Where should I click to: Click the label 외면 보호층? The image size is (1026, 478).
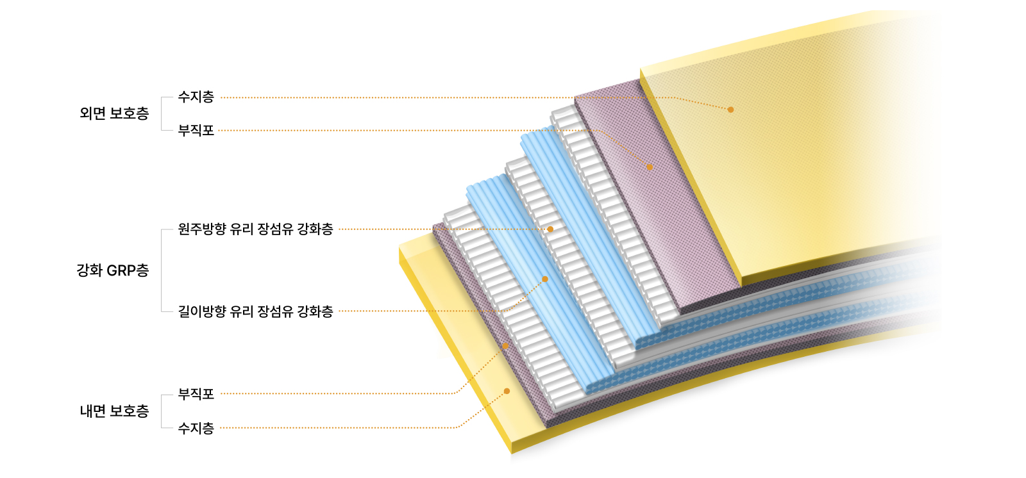tap(114, 113)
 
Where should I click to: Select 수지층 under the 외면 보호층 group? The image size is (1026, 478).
tap(196, 97)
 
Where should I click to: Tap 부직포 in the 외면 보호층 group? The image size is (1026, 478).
tap(196, 131)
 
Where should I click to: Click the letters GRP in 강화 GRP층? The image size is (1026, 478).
tap(121, 270)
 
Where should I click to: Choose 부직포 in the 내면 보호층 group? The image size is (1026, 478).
tap(196, 394)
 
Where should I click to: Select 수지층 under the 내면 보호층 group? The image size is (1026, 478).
tap(196, 428)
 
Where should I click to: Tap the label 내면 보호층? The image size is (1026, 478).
tap(114, 411)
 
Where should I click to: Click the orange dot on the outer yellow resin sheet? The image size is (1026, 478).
tap(730, 110)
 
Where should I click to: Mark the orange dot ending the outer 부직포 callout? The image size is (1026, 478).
tap(650, 167)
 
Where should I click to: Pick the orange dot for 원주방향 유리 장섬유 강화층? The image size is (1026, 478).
tap(551, 229)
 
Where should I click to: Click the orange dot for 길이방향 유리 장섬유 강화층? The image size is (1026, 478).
tap(545, 279)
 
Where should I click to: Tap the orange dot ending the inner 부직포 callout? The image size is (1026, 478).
tap(505, 345)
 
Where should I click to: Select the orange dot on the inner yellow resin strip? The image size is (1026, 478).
tap(507, 391)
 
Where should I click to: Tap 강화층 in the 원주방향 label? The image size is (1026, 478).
tap(315, 229)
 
